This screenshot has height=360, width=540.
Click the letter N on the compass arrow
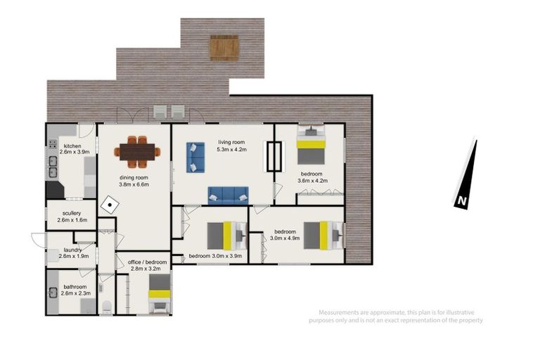click(x=462, y=200)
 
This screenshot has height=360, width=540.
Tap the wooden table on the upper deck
click(x=224, y=48)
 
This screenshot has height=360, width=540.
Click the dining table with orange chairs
click(x=137, y=152)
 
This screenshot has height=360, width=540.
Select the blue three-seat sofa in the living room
click(x=229, y=195)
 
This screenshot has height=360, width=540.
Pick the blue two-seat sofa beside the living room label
click(x=195, y=157)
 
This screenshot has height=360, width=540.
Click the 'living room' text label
click(x=231, y=142)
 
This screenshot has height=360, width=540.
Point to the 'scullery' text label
click(x=72, y=213)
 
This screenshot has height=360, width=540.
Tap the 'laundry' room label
click(x=72, y=250)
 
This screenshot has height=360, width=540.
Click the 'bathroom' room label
click(x=75, y=287)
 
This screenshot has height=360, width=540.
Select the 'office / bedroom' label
click(x=147, y=262)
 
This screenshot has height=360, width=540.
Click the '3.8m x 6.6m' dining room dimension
click(x=134, y=184)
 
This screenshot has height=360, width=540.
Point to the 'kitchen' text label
click(x=72, y=146)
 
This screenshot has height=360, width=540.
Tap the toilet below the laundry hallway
click(x=107, y=307)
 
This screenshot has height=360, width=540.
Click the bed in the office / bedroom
click(x=160, y=294)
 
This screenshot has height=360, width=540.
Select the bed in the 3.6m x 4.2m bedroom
click(x=311, y=144)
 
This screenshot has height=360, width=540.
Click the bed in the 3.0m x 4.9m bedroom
click(x=323, y=236)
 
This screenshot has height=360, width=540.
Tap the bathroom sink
click(x=53, y=292)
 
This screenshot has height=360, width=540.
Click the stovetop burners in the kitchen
click(x=53, y=143)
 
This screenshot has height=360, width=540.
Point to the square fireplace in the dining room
click(x=110, y=205)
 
